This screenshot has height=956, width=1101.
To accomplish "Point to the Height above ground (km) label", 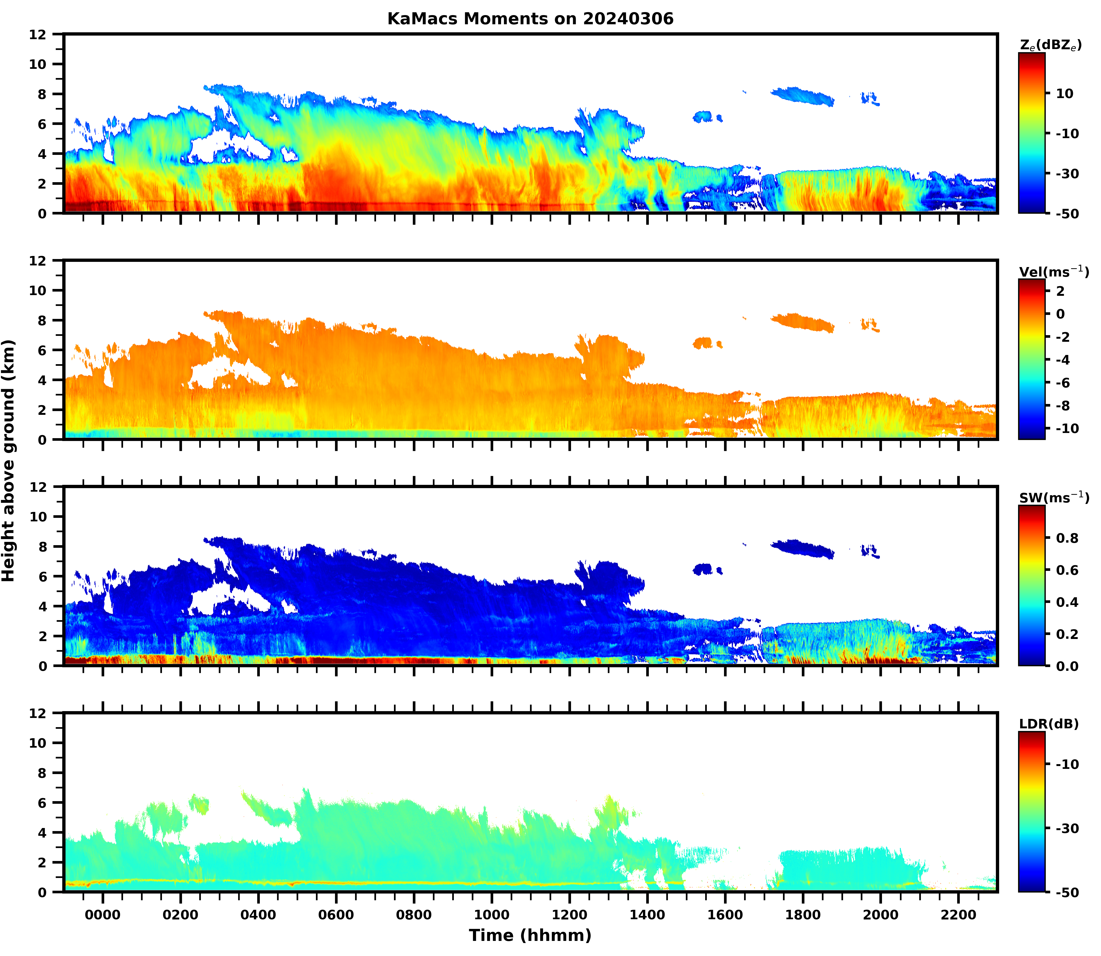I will [x=8, y=460].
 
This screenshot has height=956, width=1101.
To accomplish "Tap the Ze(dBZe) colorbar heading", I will [x=1050, y=45].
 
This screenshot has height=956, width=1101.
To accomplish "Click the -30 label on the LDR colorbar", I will [x=1067, y=828].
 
